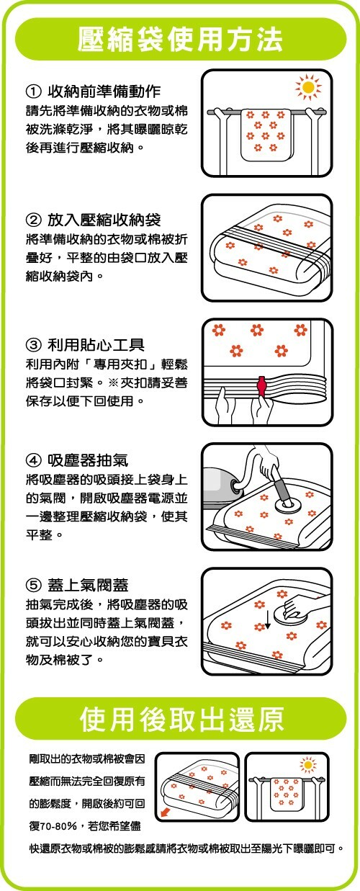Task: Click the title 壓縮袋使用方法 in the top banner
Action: (x=180, y=40)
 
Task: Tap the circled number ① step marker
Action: (x=33, y=92)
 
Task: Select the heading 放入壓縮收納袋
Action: (x=104, y=220)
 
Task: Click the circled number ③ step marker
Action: (x=33, y=344)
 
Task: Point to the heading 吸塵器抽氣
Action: (x=88, y=460)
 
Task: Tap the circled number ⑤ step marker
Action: (x=33, y=585)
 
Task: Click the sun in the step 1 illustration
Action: (x=308, y=86)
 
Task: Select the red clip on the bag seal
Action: (x=261, y=385)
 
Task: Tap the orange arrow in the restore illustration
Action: (x=164, y=812)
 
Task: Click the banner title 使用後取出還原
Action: (x=181, y=719)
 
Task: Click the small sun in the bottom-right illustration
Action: (x=308, y=765)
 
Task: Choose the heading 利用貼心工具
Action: (x=96, y=344)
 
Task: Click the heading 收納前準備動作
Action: (x=104, y=92)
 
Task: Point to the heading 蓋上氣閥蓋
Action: (x=88, y=585)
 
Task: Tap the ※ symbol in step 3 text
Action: (x=113, y=382)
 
